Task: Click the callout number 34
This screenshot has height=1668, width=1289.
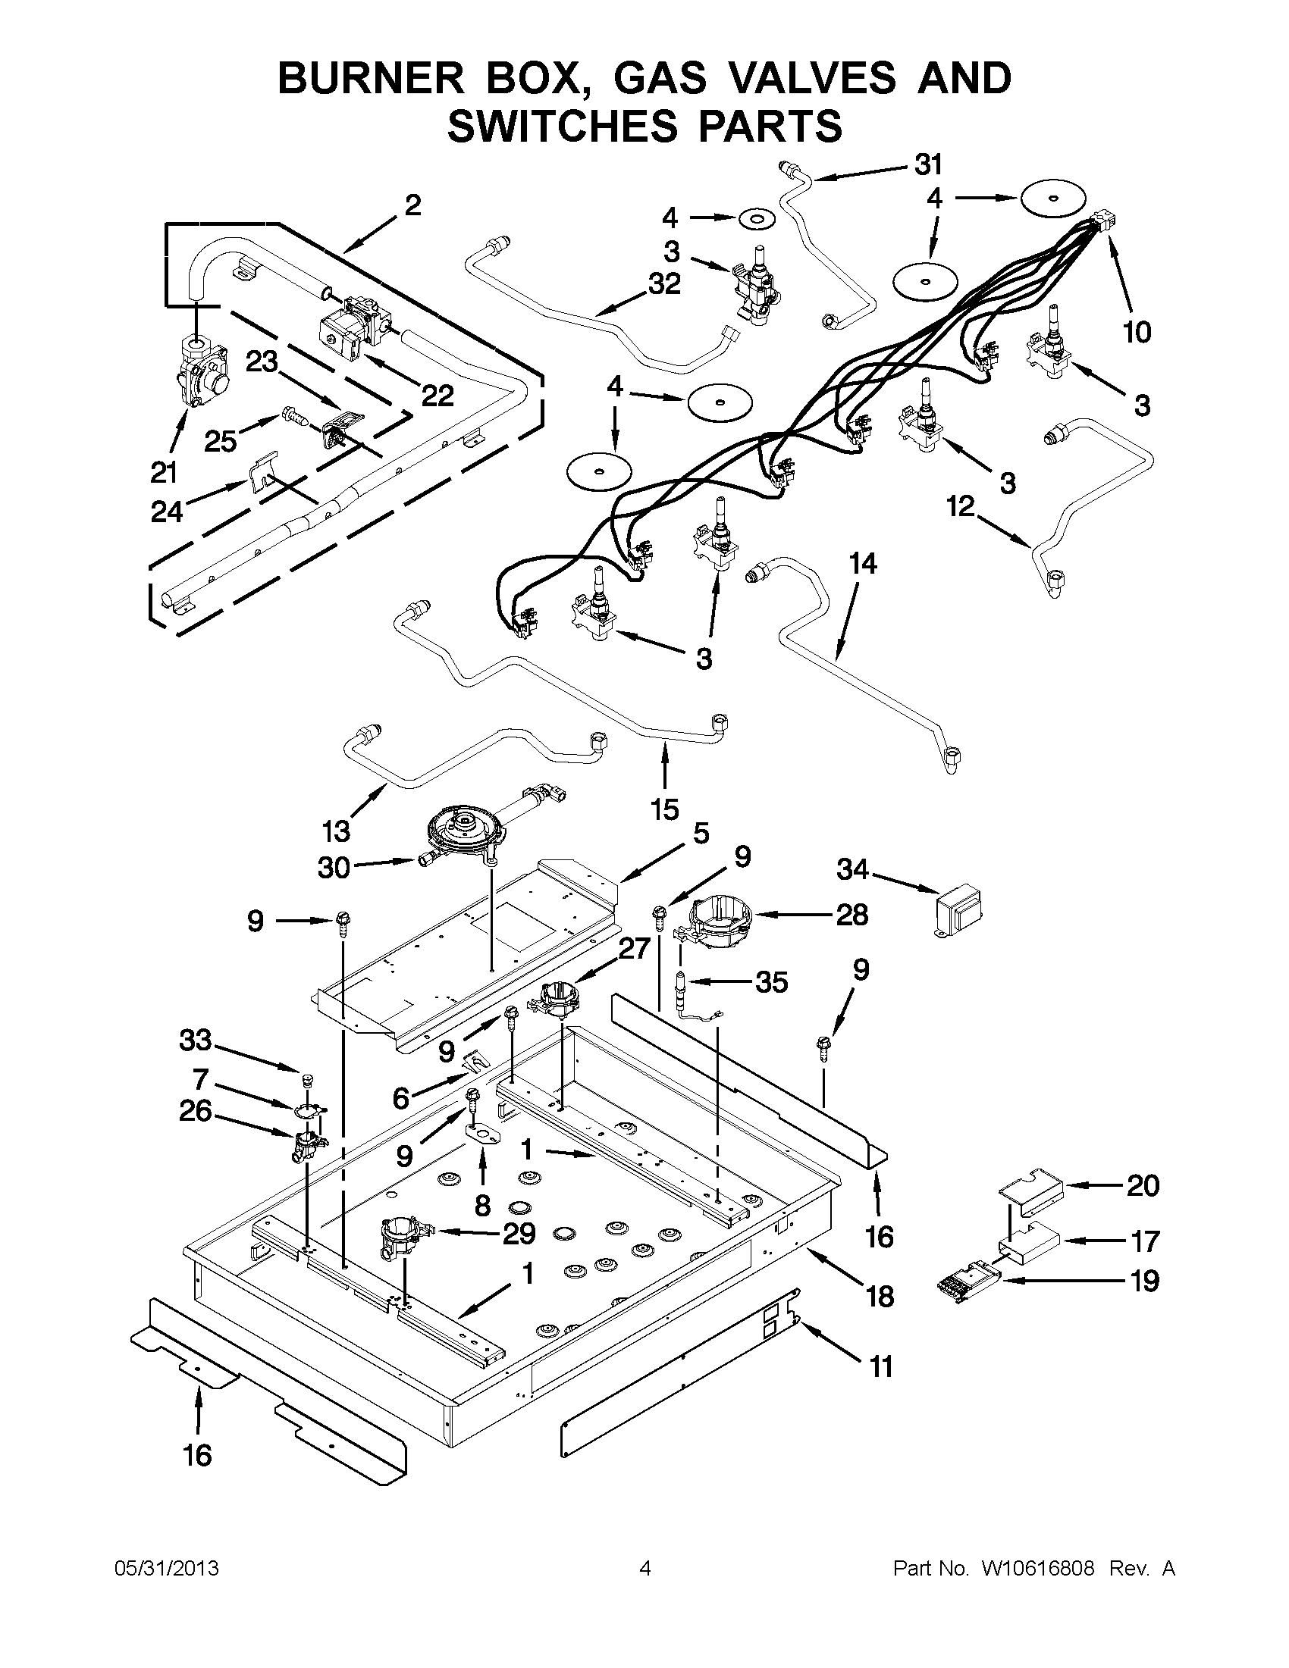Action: [852, 869]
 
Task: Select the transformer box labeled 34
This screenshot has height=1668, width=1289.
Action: [958, 910]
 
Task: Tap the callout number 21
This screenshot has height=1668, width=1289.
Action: [164, 473]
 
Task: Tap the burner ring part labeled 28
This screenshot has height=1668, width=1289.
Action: [718, 925]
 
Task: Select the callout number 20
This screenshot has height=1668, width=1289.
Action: [1143, 1185]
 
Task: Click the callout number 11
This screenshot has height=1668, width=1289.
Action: [881, 1366]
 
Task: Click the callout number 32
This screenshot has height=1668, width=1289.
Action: [664, 283]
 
